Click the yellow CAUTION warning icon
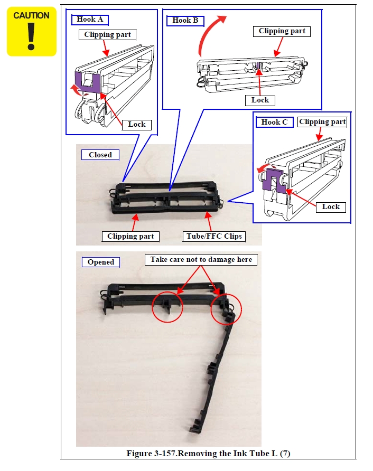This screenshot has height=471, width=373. [x=32, y=32]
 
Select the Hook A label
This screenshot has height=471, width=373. [x=90, y=20]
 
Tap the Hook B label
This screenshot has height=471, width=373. [x=185, y=21]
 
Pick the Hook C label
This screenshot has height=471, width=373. [x=274, y=123]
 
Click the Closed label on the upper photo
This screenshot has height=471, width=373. [x=100, y=155]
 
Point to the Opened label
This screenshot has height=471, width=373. [x=101, y=262]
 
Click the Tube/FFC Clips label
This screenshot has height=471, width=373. [x=214, y=237]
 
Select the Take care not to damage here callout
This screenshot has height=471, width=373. [x=201, y=260]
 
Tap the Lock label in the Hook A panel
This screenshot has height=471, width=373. [x=137, y=125]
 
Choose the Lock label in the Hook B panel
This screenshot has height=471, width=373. [x=260, y=100]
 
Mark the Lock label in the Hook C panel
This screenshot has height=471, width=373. [x=331, y=207]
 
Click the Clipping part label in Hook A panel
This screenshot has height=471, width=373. [x=108, y=35]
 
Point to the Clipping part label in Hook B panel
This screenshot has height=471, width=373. [x=282, y=31]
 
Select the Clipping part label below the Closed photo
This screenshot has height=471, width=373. [x=130, y=237]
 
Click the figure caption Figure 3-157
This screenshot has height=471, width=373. [x=208, y=453]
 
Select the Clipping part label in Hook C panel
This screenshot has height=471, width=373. [x=322, y=122]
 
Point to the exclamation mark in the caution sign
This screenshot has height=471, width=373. [x=31, y=36]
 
